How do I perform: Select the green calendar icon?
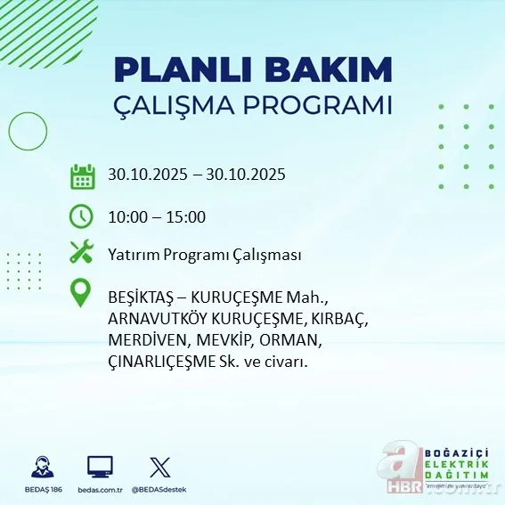82,175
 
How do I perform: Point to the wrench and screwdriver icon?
82,254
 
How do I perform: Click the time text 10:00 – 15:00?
157,216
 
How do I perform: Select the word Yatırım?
135,256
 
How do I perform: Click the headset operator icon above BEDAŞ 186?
39,467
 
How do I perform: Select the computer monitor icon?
100,467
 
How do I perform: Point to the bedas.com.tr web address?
100,490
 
